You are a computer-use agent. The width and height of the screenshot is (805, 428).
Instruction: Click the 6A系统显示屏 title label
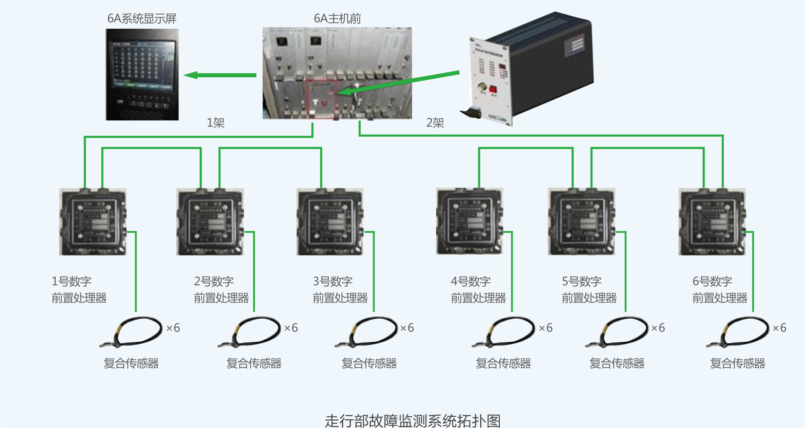click(142, 18)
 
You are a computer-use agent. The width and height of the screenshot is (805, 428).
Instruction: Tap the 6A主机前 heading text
click(337, 18)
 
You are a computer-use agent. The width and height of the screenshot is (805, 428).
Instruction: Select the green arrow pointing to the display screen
click(220, 75)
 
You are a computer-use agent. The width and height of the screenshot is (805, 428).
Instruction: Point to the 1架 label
click(215, 123)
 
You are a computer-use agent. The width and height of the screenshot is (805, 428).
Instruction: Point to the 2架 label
click(435, 123)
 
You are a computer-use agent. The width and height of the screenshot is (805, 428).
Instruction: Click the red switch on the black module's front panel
click(493, 90)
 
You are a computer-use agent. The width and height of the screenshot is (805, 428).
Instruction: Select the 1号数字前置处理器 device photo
click(93, 222)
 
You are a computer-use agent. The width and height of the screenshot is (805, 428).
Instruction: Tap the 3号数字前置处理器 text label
click(340, 290)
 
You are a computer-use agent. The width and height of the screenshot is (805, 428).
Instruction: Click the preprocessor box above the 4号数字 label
click(469, 222)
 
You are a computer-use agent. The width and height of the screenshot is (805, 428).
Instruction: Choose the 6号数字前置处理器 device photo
click(712, 222)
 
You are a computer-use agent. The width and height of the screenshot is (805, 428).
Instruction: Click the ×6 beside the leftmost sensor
click(173, 328)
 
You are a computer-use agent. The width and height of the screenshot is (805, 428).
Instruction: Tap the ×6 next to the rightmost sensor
click(779, 328)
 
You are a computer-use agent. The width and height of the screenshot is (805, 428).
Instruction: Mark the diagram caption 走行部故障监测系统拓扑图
click(412, 421)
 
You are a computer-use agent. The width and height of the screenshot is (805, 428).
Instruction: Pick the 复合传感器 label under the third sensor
click(369, 363)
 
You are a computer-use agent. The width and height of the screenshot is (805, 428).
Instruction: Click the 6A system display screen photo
click(142, 75)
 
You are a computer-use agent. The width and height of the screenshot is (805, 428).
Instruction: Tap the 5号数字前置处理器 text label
click(589, 290)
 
